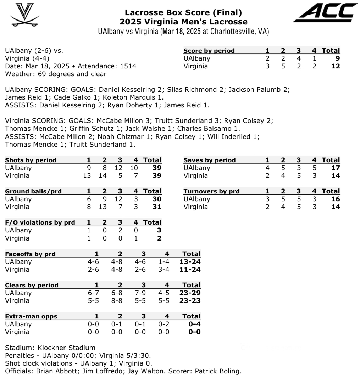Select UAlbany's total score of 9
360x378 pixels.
coord(337,58)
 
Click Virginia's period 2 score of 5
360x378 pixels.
coord(283,66)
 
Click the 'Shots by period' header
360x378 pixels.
coord(31,160)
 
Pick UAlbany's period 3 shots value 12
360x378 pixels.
coord(118,168)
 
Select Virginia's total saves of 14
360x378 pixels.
coord(336,176)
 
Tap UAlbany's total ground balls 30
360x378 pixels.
coord(157,199)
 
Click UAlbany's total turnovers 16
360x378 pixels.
coord(336,199)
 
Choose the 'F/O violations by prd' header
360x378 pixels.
coord(40,222)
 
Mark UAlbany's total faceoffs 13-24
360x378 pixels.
coord(191,262)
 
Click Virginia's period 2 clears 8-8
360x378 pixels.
coord(120,301)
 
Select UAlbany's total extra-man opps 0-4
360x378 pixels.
coord(193,324)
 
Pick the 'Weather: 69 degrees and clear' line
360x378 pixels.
coord(56,74)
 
